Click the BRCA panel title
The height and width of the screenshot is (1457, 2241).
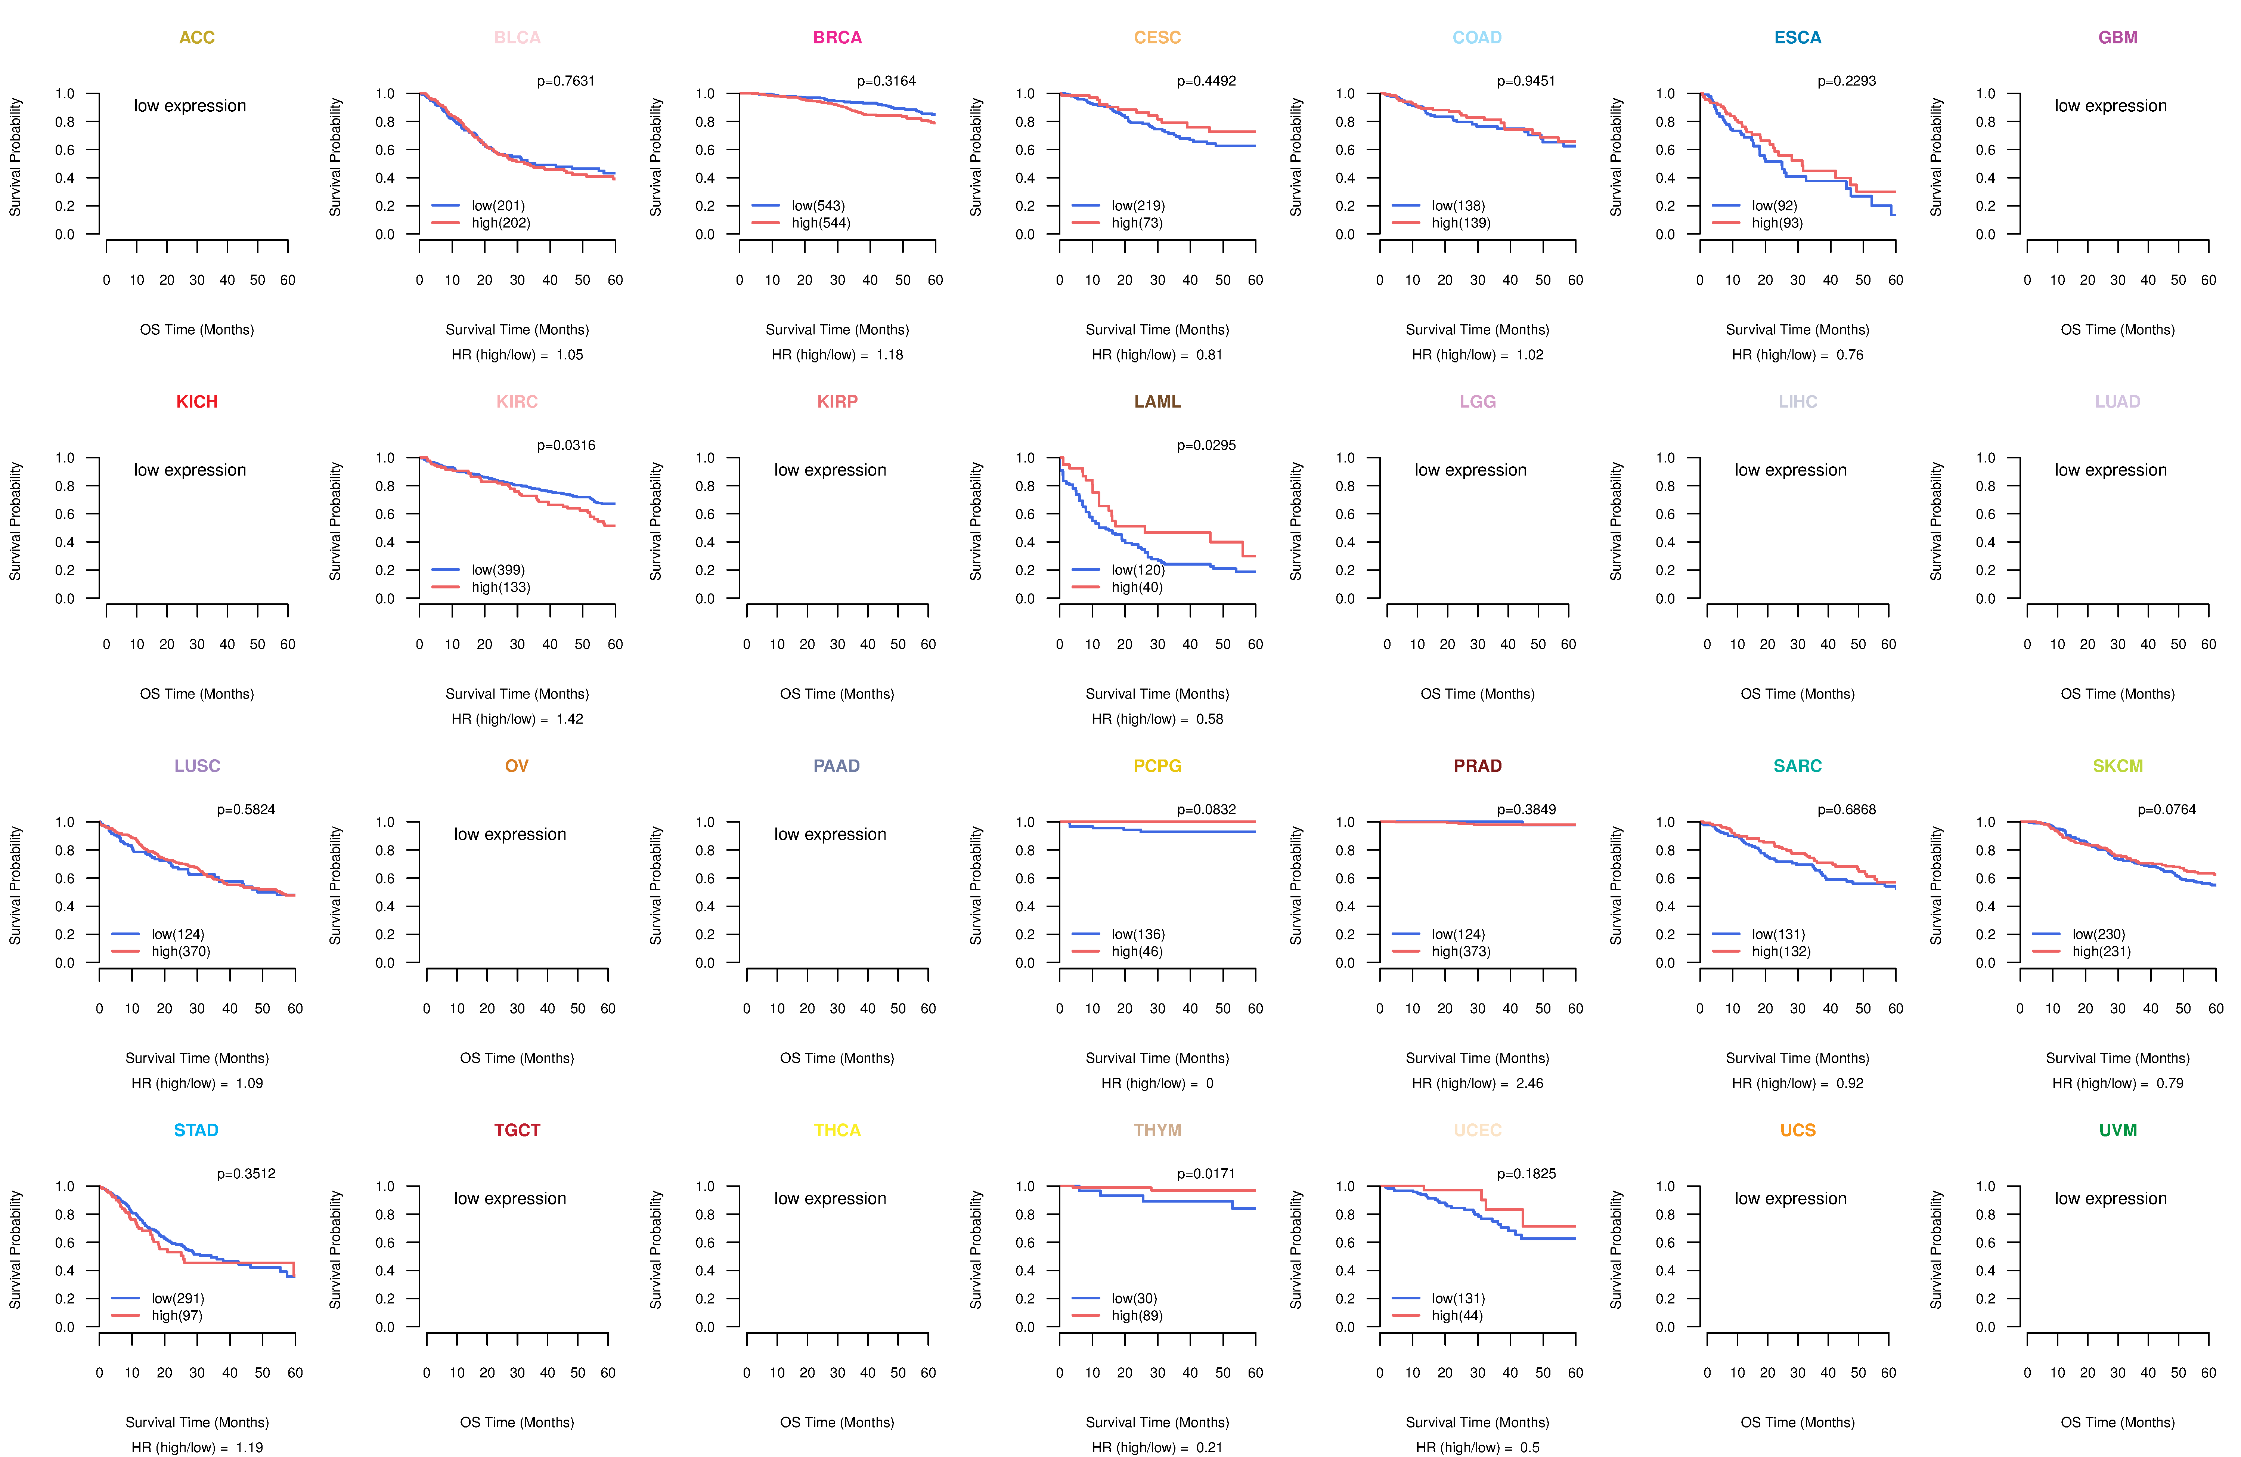pos(837,38)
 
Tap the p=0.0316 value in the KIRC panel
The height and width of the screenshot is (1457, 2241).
pos(566,445)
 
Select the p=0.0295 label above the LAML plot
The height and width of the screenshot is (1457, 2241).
pos(1206,445)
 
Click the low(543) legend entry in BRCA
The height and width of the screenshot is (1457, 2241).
pos(817,205)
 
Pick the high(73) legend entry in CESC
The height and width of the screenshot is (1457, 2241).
pos(1137,223)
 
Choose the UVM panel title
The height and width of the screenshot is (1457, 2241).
pos(2118,1130)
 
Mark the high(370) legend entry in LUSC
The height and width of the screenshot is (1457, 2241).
pos(181,951)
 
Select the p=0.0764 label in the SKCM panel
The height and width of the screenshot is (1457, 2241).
pos(2167,810)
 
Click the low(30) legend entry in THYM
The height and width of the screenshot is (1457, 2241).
pos(1134,1299)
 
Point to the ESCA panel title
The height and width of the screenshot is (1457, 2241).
pos(1798,38)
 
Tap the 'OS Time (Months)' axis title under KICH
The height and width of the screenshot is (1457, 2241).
pos(197,694)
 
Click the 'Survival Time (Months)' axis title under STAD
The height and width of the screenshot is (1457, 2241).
pos(197,1422)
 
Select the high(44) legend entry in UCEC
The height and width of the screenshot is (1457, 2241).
pos(1457,1316)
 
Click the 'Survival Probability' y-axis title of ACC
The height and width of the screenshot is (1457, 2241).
pos(15,157)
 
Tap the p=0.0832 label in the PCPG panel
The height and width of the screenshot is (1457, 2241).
pos(1206,810)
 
